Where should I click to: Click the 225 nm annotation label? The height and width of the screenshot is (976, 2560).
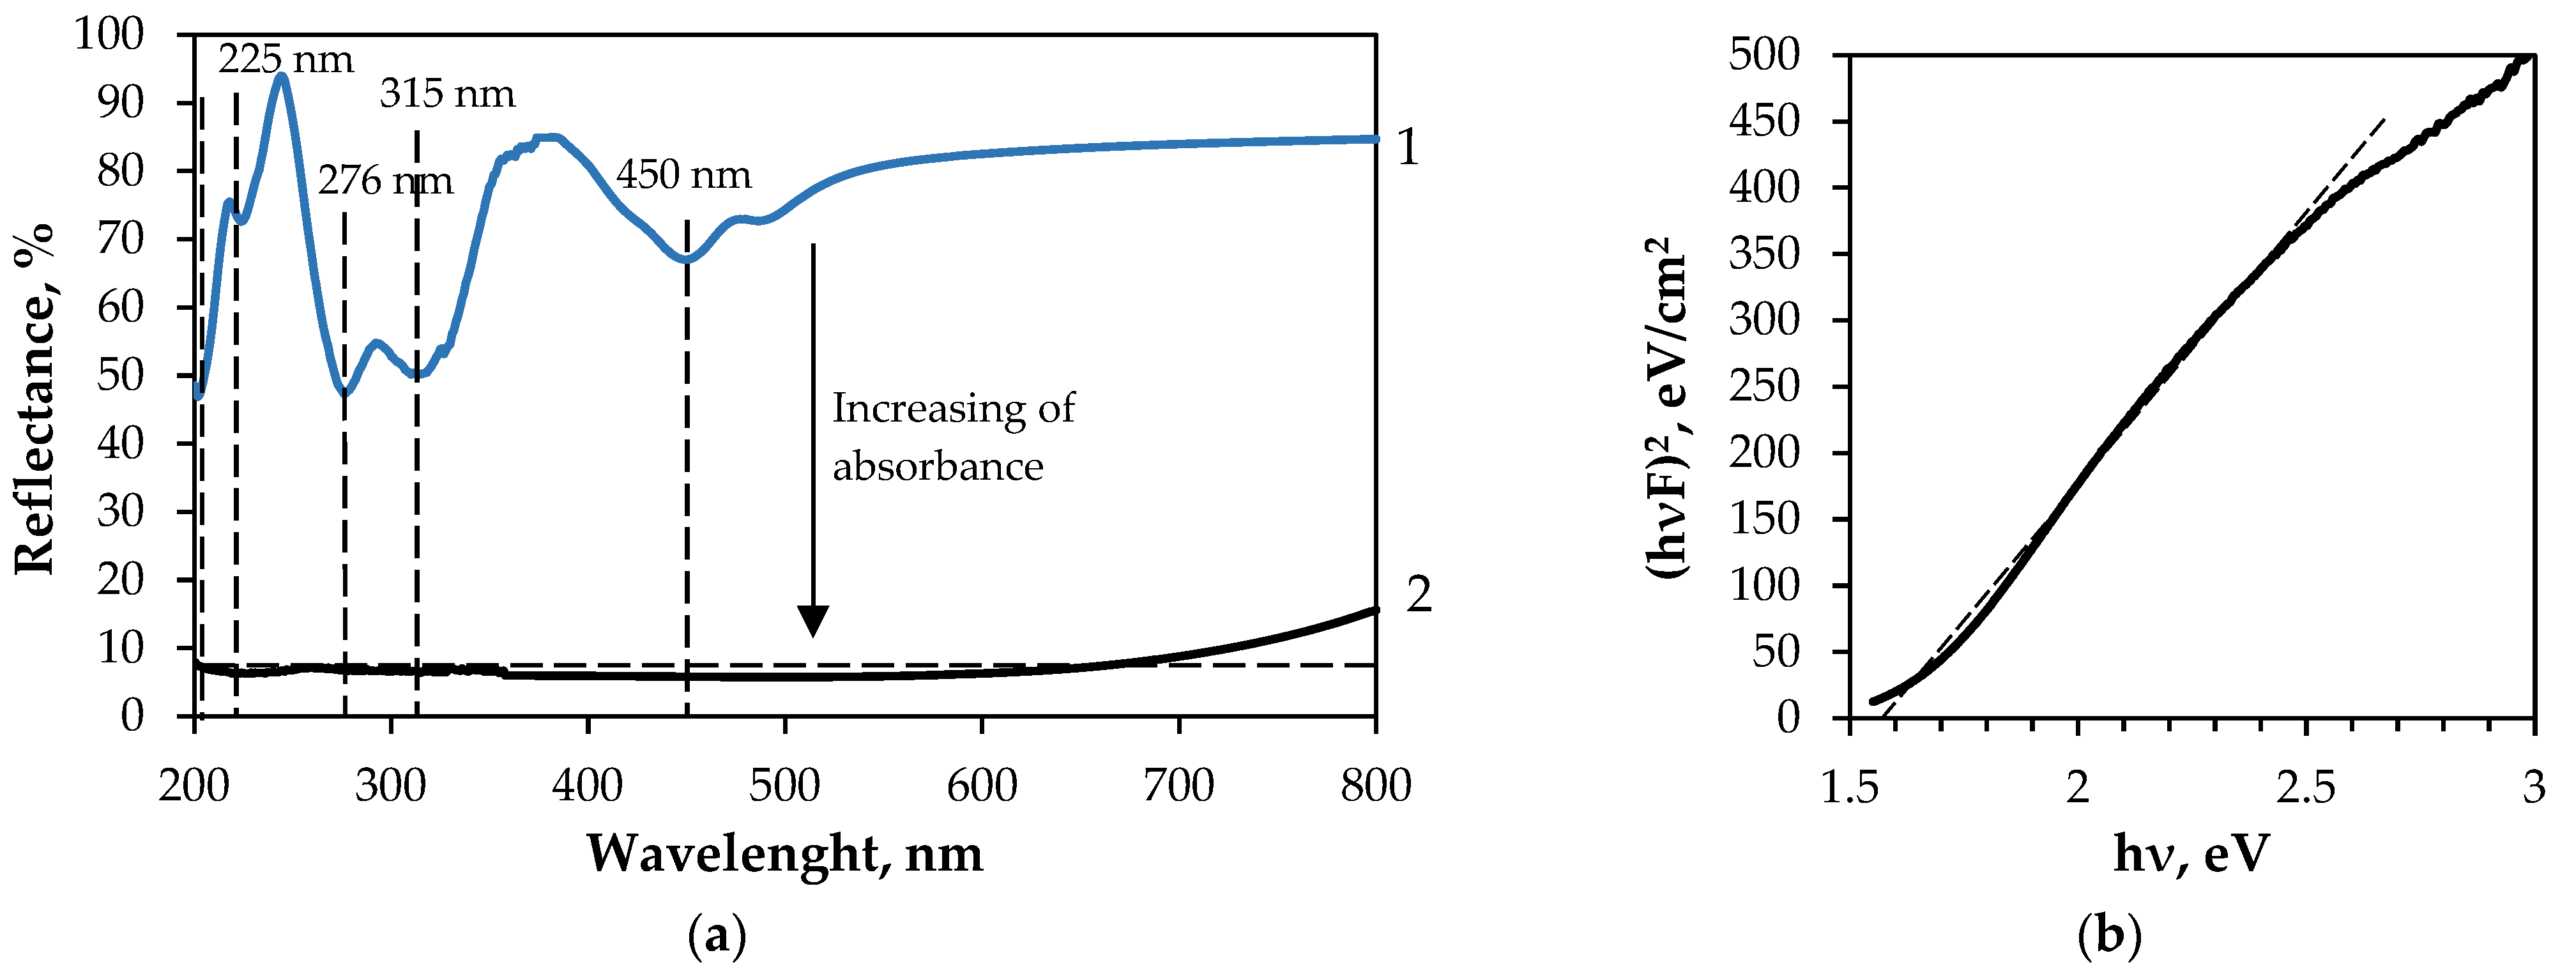click(286, 59)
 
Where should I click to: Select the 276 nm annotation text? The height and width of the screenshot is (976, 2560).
click(386, 181)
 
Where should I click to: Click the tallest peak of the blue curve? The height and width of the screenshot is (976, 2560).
click(282, 77)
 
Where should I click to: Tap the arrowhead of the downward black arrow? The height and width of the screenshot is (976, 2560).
click(813, 622)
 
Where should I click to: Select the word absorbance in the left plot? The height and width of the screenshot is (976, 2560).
click(937, 466)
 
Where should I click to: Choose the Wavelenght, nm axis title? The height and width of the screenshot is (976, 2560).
click(784, 853)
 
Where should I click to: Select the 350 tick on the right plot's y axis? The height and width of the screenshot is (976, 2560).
click(1764, 254)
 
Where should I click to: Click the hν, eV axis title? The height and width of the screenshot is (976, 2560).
click(2191, 853)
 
